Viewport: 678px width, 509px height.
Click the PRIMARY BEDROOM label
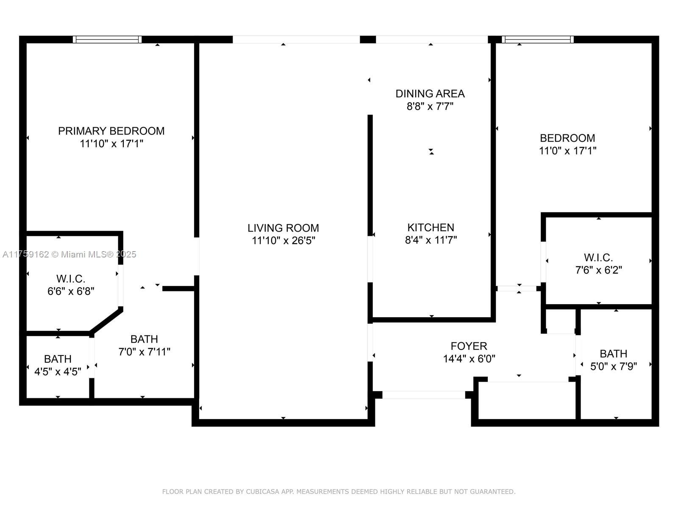[111, 131]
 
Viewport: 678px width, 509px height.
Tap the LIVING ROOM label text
[283, 228]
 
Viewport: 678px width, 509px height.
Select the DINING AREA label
[430, 94]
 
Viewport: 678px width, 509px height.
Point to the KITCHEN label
[431, 227]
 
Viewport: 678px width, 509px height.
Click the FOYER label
[469, 346]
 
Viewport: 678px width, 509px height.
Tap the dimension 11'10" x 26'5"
[283, 241]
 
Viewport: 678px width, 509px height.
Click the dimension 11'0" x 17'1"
[567, 151]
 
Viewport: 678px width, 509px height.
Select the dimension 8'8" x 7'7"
[430, 106]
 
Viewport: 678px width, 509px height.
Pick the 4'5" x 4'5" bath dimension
[58, 372]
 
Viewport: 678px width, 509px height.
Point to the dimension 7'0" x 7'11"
[144, 352]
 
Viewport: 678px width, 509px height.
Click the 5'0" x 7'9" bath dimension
[614, 366]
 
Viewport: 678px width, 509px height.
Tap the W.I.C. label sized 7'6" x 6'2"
[598, 257]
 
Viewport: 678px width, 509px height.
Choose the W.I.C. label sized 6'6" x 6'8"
[71, 279]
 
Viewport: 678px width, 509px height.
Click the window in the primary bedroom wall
[107, 39]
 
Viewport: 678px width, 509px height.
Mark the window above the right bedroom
[537, 39]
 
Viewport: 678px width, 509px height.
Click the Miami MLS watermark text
[69, 255]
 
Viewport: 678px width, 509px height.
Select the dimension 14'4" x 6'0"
[469, 359]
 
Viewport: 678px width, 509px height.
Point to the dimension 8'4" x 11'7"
[431, 240]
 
